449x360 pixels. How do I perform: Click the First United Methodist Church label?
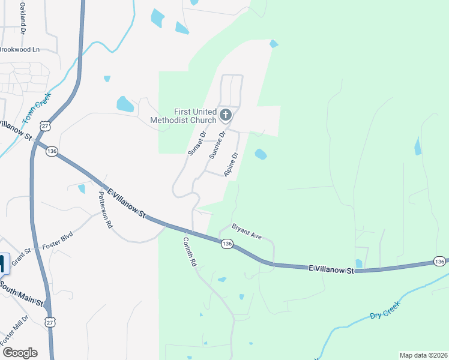194,116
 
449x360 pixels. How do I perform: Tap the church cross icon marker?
226,115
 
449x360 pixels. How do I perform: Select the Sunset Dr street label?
197,143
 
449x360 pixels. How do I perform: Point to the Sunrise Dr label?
217,145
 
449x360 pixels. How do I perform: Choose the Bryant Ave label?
248,232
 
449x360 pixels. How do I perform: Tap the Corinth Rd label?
190,251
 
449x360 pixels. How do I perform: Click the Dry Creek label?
385,310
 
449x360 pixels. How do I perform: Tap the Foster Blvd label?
57,240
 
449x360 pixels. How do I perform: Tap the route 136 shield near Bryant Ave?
226,244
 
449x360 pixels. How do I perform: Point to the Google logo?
20,353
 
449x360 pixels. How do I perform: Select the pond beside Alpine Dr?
261,154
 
